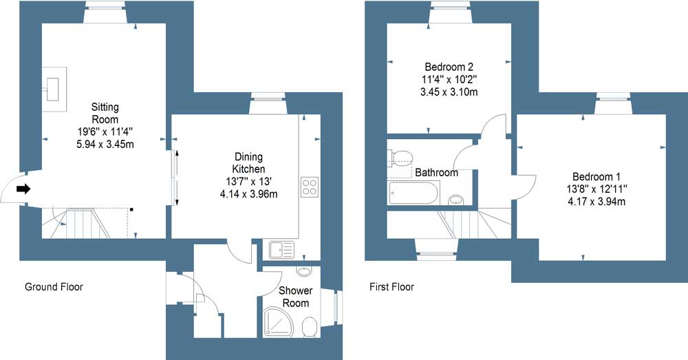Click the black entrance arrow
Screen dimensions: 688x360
click(23, 189)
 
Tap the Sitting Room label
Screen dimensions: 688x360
click(105, 114)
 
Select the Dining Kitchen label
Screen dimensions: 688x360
click(248, 163)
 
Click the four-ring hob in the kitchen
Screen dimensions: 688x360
click(310, 187)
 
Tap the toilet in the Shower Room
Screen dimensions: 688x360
click(310, 327)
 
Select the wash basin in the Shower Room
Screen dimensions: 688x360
click(303, 271)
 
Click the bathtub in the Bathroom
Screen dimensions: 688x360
click(413, 193)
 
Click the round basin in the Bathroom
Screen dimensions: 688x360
click(457, 200)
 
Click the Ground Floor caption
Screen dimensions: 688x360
click(54, 286)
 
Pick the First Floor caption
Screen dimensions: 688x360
click(392, 286)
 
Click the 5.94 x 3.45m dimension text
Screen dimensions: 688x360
click(105, 144)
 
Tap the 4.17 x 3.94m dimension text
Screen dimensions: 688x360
click(596, 202)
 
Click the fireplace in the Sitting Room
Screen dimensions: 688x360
click(54, 89)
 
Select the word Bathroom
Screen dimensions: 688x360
click(437, 173)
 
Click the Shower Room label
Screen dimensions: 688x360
click(296, 297)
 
